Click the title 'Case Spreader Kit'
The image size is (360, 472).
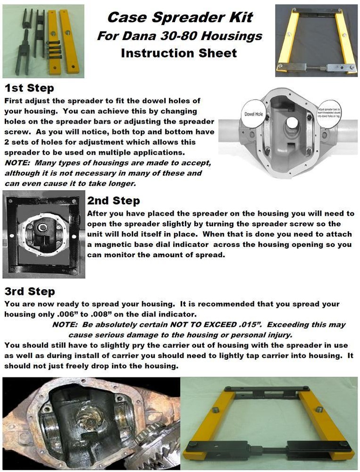(180, 17)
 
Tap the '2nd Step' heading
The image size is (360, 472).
(113, 201)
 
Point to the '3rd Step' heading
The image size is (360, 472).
(29, 291)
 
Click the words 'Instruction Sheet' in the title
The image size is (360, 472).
(179, 52)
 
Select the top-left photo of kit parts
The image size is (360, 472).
(43, 41)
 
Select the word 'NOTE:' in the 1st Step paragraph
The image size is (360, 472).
(17, 163)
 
